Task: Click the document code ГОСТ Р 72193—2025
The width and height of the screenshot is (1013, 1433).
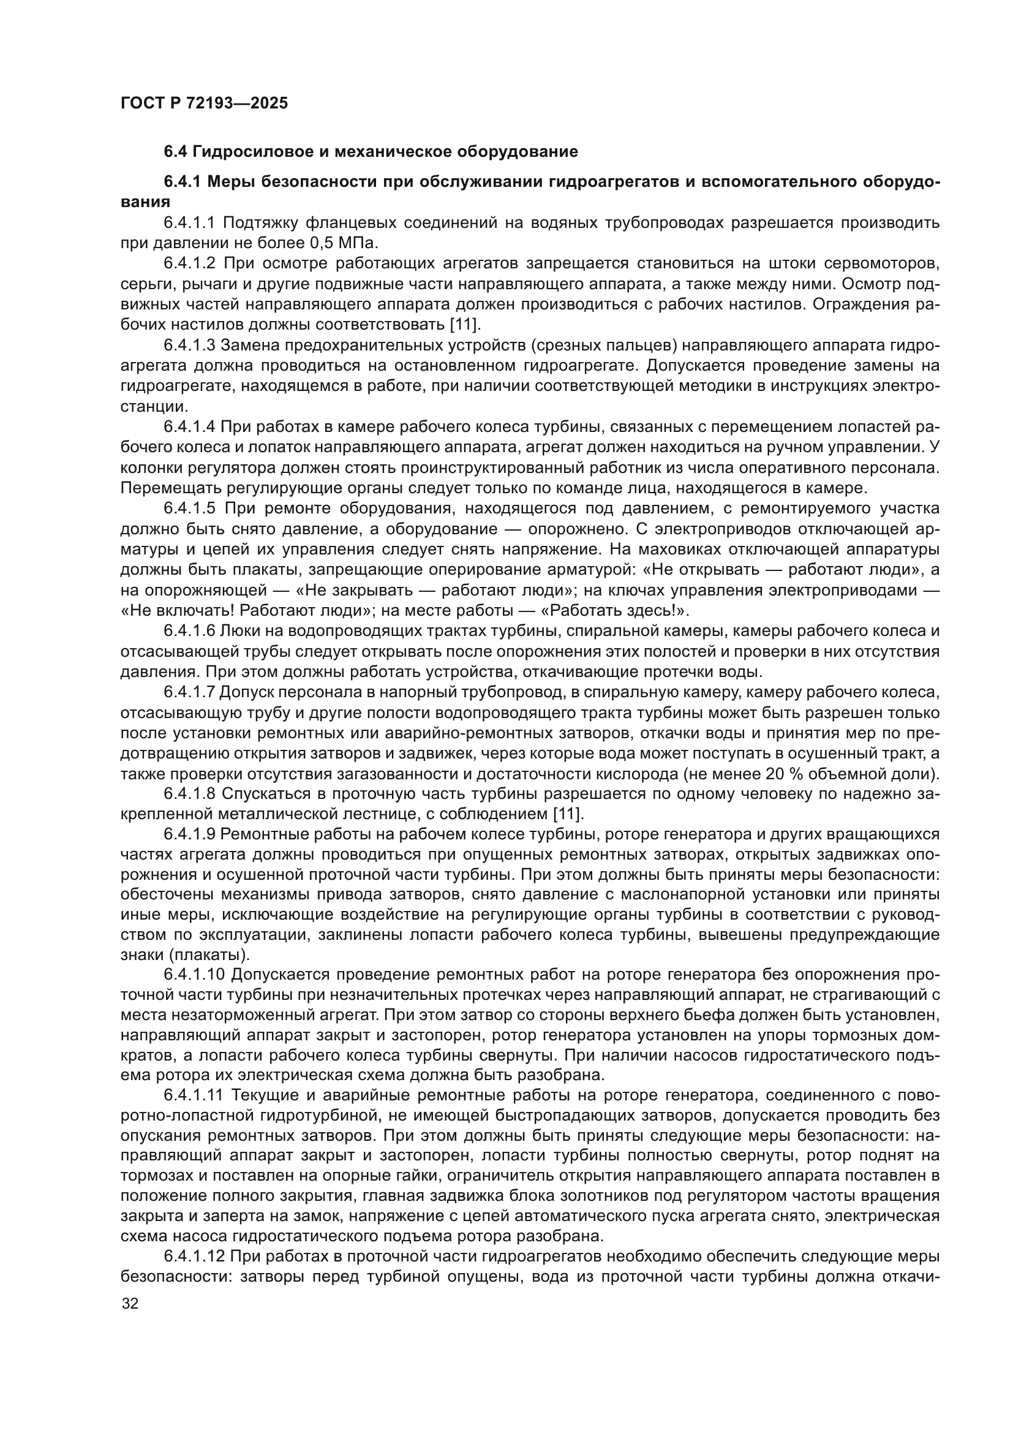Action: (204, 104)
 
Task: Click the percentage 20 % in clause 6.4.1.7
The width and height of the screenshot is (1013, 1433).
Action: (783, 774)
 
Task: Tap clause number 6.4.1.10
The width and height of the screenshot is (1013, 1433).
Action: (194, 975)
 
